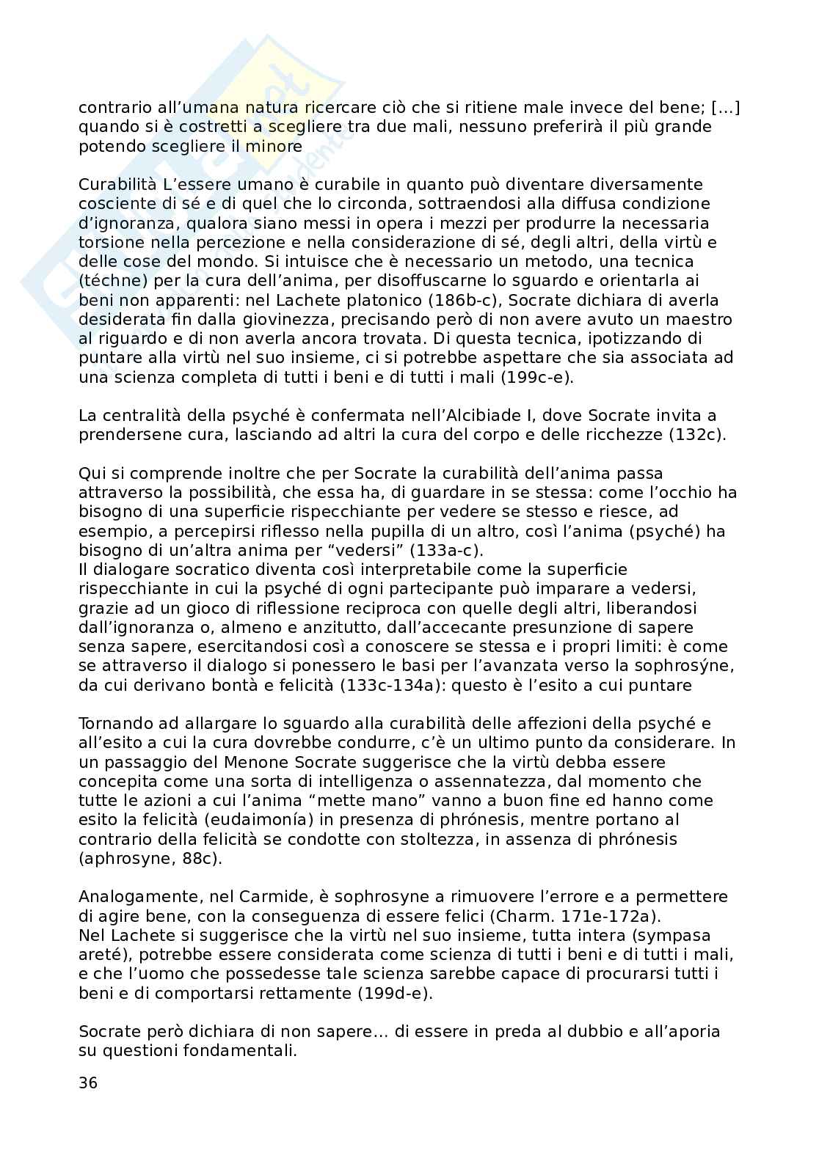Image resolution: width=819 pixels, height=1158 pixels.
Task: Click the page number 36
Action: tap(87, 1083)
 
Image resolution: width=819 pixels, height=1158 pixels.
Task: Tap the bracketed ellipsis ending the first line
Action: tap(725, 108)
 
